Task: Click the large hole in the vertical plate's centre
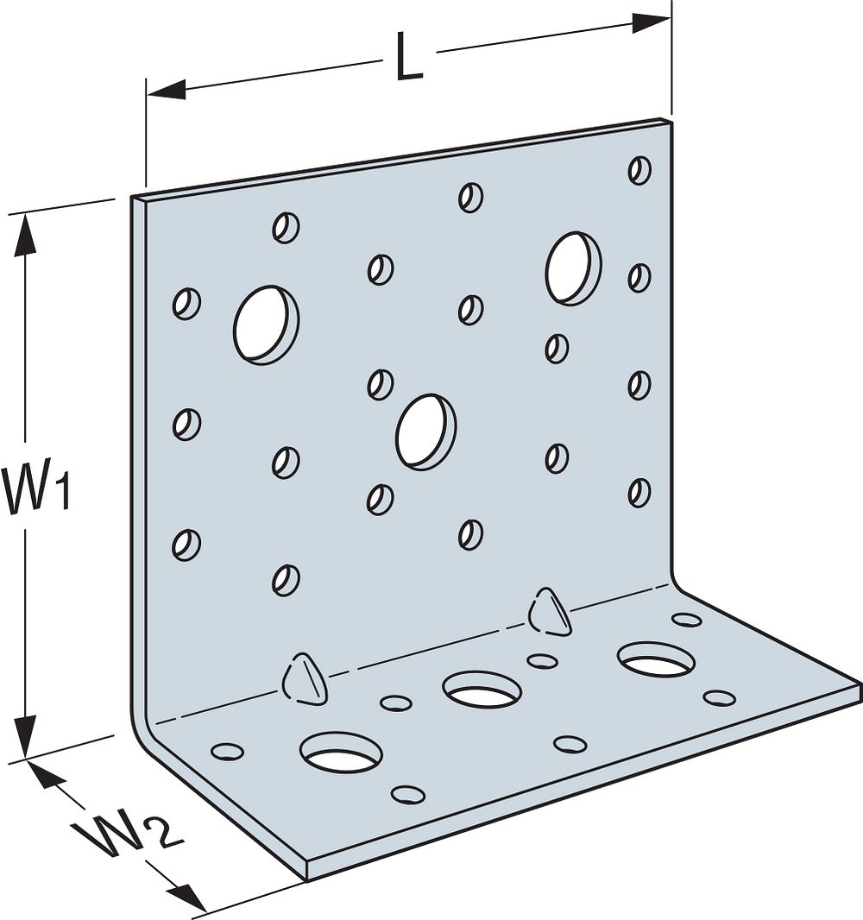(x=425, y=432)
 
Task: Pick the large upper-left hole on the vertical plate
(x=266, y=325)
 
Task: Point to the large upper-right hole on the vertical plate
(x=573, y=268)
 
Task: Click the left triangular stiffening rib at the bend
(x=304, y=677)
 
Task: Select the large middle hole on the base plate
(x=482, y=690)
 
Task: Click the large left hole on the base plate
(x=341, y=752)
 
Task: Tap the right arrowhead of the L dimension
(x=652, y=22)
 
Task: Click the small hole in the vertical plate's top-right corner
(x=639, y=170)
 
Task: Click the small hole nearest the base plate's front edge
(x=407, y=794)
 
